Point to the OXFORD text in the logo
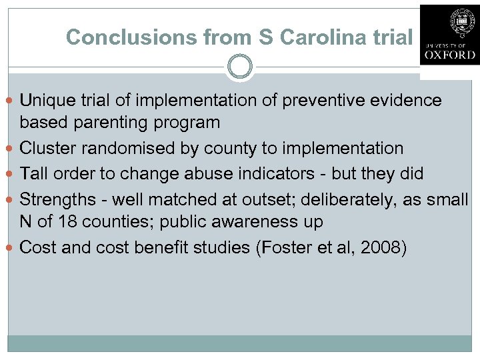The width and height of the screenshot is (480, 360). tap(449, 55)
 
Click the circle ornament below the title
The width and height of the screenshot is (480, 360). tap(240, 67)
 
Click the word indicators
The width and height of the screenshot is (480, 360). tap(275, 174)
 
